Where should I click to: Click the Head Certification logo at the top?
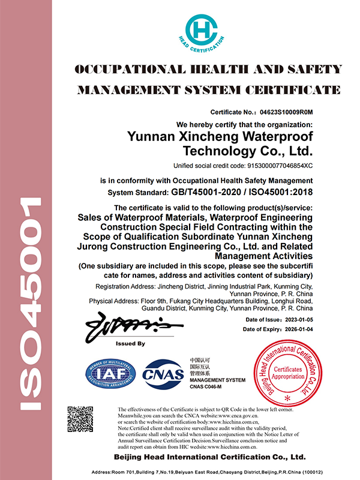pyautogui.click(x=205, y=30)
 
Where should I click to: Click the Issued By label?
pyautogui.click(x=130, y=344)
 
